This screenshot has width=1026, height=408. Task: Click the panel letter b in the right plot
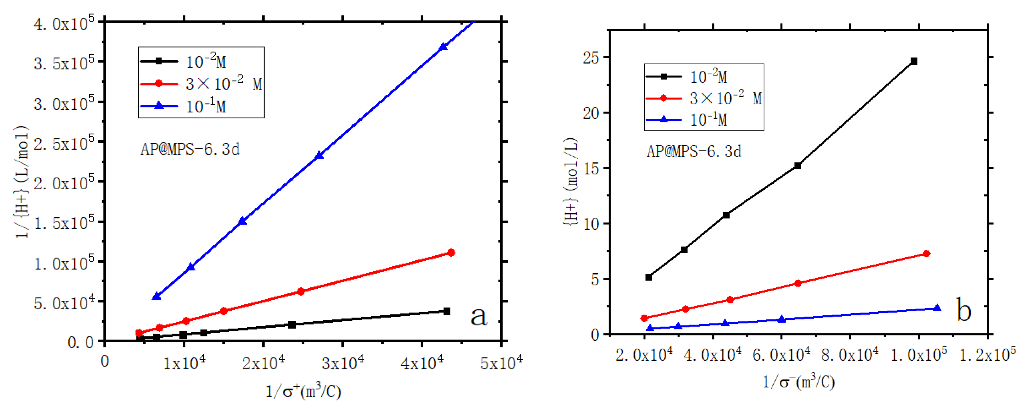pyautogui.click(x=963, y=310)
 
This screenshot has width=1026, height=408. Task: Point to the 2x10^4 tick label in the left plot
pyautogui.click(x=263, y=363)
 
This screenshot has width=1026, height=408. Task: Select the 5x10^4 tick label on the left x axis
pyautogui.click(x=501, y=363)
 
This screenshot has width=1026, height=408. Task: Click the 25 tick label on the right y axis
pyautogui.click(x=591, y=58)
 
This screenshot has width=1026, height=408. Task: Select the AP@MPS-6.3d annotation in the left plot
pyautogui.click(x=190, y=149)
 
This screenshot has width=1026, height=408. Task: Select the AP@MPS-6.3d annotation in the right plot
pyautogui.click(x=694, y=152)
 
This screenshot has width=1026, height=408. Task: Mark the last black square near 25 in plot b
pyautogui.click(x=914, y=61)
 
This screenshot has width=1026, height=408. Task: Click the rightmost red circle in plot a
pyautogui.click(x=451, y=253)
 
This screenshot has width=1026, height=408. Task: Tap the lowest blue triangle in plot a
pyautogui.click(x=156, y=296)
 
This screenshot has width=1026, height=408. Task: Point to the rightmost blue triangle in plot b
pyautogui.click(x=937, y=308)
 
